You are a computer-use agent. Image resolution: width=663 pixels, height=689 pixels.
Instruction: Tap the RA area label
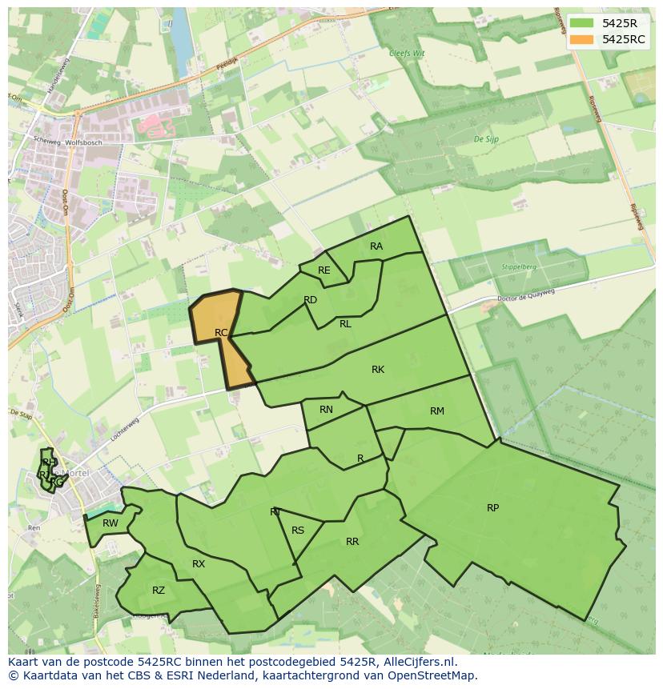coord(376,246)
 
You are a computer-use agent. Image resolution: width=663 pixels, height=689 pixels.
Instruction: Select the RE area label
coord(323,270)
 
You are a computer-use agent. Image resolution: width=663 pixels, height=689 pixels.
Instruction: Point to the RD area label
coord(311,300)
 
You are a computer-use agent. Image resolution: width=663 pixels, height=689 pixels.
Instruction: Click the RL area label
coord(345,324)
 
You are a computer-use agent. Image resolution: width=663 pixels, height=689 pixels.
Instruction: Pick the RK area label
coord(378,370)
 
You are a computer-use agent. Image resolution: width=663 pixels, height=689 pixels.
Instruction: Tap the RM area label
coord(436,411)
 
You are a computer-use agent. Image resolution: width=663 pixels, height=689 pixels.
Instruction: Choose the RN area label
coord(326,410)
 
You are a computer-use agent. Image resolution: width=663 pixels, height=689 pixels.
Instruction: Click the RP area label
coord(492,508)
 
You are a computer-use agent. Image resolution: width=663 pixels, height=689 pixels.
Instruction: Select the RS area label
coord(298,531)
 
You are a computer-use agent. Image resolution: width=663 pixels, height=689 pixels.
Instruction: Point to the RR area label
coord(352,542)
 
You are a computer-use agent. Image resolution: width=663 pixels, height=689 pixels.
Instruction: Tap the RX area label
coord(199,564)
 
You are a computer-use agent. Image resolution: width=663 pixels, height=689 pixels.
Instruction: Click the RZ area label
coord(159,591)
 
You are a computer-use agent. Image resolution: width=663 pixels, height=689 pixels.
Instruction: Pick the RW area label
coord(110,523)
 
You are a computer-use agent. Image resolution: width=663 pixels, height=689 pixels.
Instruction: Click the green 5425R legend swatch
coord(581,22)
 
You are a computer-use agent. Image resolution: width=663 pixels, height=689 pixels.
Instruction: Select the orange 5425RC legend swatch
coord(581,39)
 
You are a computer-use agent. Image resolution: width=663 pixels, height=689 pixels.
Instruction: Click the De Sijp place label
coord(486,139)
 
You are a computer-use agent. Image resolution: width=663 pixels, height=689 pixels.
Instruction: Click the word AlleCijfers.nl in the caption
coord(417,662)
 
